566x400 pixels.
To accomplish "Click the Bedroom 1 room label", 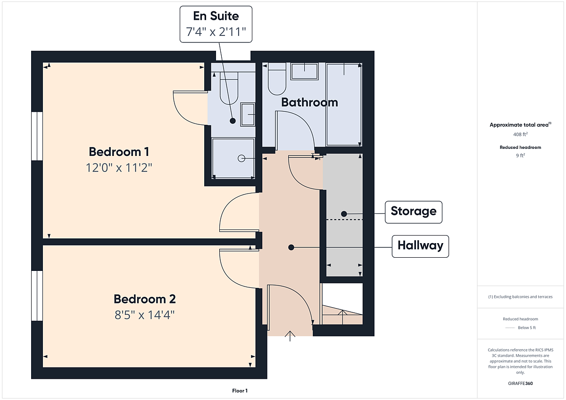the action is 119,152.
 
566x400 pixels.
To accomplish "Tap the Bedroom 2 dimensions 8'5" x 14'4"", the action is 144,315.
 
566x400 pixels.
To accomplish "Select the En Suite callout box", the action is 216,24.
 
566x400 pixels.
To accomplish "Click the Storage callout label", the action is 413,212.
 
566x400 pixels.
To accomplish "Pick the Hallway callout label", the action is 420,246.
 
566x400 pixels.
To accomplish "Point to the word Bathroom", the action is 309,102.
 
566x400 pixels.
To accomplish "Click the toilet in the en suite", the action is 229,88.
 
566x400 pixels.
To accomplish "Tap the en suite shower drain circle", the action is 241,158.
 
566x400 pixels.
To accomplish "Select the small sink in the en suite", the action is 248,114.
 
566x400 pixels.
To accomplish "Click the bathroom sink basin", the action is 304,72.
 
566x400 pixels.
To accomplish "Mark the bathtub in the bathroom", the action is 344,105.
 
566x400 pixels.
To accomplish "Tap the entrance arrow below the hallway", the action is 290,336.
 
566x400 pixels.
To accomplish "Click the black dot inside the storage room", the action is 344,214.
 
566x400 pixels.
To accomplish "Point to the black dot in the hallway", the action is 291,247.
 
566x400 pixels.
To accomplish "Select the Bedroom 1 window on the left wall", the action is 37,136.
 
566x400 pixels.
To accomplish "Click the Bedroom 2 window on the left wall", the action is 37,295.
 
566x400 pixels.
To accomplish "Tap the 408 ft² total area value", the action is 520,134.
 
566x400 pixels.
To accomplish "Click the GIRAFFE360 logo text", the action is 520,384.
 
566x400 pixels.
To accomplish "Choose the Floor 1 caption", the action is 240,391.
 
